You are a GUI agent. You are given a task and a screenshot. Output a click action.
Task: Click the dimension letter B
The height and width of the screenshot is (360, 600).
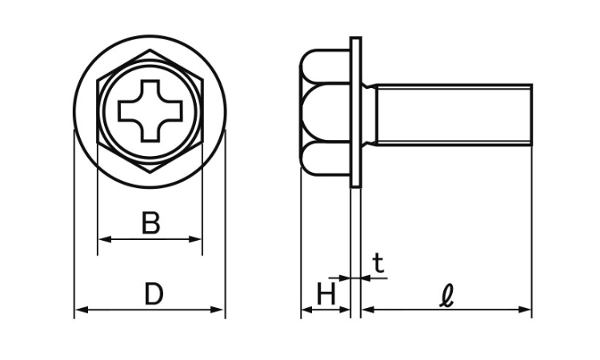click(150, 222)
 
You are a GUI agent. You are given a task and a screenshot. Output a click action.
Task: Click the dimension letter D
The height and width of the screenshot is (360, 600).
click(154, 294)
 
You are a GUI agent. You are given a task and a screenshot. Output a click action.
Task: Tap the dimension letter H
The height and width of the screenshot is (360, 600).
click(326, 294)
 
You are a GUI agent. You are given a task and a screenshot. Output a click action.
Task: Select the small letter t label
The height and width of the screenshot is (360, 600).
click(378, 263)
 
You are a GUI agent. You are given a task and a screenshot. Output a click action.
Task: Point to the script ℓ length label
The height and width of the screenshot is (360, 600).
click(447, 295)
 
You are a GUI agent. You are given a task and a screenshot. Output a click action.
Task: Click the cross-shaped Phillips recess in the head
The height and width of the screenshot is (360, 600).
click(150, 111)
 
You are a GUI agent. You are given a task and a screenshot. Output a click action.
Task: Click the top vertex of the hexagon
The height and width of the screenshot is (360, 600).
click(150, 50)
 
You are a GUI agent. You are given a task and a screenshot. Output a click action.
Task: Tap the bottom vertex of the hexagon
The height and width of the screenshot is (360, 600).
click(150, 173)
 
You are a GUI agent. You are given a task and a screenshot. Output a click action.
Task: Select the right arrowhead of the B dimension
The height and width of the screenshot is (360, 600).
click(195, 239)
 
